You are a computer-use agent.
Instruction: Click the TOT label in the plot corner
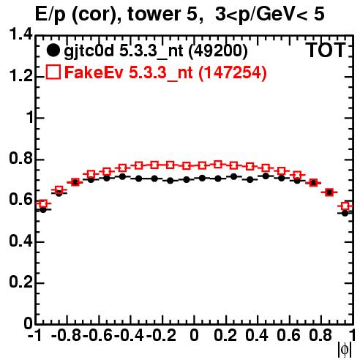pos(326,50)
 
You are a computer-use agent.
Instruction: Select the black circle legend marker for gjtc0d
pos(53,50)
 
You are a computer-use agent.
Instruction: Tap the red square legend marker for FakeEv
pos(53,72)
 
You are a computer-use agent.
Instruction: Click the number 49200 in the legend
pos(218,50)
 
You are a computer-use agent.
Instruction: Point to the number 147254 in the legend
pos(233,72)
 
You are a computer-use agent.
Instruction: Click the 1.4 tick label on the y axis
pos(20,34)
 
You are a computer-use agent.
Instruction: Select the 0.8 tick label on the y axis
pos(20,158)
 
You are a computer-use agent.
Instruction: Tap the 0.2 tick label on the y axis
pos(20,282)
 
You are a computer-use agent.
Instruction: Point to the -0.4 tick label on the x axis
pos(129,335)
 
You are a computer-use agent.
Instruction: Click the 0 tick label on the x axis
pos(194,335)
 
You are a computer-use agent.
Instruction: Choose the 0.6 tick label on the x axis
pos(288,335)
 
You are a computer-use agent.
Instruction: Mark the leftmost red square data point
pos(43,203)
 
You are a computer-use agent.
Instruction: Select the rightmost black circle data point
pos(345,213)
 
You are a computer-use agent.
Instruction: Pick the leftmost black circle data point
pos(43,209)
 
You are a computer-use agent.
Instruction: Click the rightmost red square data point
pos(345,206)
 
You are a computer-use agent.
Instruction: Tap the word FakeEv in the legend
pos(94,72)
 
